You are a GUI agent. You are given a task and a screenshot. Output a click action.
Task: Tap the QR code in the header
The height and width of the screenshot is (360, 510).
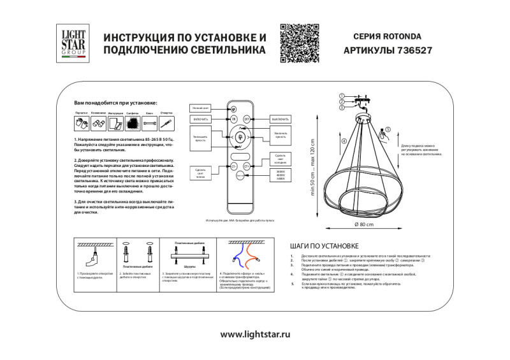299,43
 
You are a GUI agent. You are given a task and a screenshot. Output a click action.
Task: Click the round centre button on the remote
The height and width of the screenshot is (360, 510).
240,137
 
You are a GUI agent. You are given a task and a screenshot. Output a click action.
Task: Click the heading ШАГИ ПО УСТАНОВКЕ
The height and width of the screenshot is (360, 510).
324,245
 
